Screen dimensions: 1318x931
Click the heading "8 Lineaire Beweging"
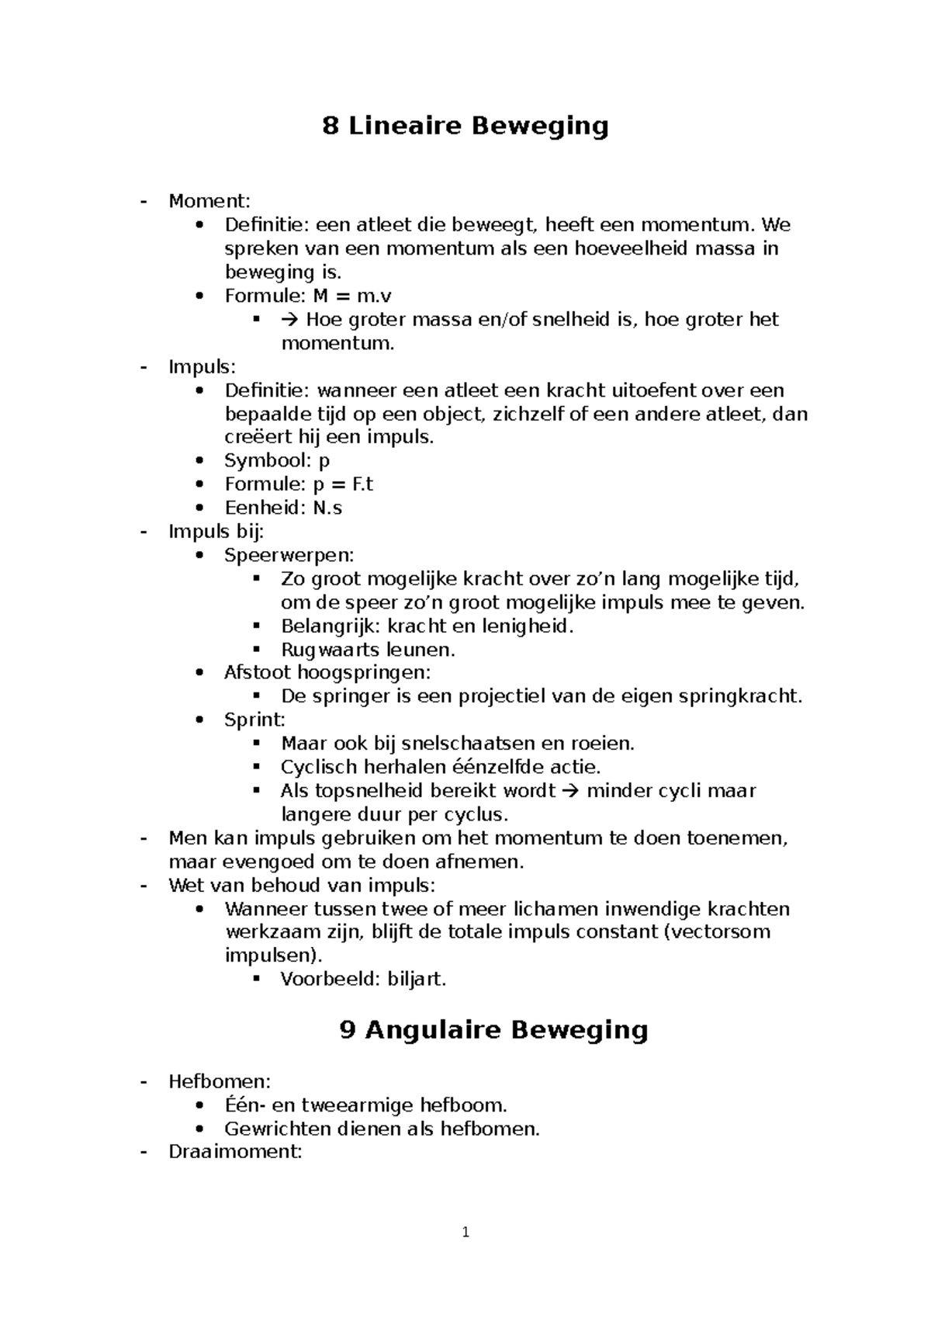[465, 126]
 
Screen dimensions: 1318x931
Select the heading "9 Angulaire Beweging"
[493, 1030]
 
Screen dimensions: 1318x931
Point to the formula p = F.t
[343, 484]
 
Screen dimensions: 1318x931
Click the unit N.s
[327, 508]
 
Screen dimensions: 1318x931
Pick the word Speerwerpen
[288, 555]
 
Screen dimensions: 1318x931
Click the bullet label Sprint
[254, 720]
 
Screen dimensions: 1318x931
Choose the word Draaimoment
[234, 1152]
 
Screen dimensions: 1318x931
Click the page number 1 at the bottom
[465, 1233]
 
